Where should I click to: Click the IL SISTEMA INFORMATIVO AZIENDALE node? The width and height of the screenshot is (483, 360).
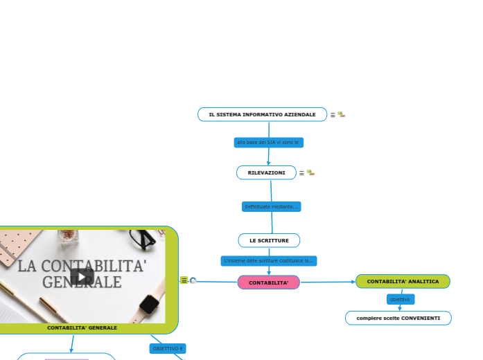point(262,114)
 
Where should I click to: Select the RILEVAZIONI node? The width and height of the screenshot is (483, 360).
point(266,172)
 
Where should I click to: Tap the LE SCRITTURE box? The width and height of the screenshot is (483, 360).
point(269,240)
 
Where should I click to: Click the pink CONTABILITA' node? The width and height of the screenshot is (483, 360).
point(268,282)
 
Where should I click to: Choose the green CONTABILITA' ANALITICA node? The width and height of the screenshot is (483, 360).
point(403,282)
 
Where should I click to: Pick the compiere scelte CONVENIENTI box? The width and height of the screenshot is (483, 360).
point(398,318)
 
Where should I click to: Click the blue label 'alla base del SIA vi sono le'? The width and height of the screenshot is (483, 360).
point(267,142)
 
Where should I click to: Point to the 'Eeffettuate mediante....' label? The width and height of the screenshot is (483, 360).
point(272,206)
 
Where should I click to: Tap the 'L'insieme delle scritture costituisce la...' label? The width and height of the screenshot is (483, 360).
point(269,261)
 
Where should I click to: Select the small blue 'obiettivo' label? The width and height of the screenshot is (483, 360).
point(400,299)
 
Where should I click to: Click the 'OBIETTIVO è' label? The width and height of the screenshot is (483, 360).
point(168,348)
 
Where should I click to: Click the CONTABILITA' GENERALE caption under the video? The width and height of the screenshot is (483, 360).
point(82,327)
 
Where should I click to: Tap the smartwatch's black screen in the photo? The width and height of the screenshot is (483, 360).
point(149,304)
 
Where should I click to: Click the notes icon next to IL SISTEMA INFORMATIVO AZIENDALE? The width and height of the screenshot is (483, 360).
point(333,115)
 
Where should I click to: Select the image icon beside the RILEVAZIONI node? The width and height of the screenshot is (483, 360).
point(310,172)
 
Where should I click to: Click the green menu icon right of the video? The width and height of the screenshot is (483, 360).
point(184,280)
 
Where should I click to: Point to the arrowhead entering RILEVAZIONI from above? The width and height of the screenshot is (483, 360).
point(268,163)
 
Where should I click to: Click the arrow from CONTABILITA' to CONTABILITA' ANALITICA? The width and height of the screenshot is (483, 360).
point(327,282)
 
